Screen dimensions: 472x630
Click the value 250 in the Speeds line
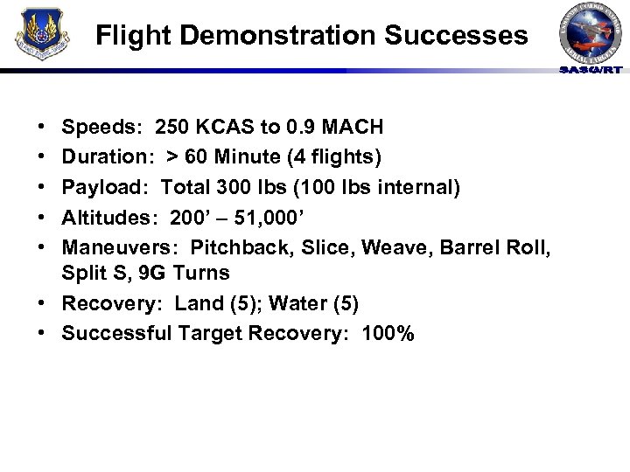(174, 128)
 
